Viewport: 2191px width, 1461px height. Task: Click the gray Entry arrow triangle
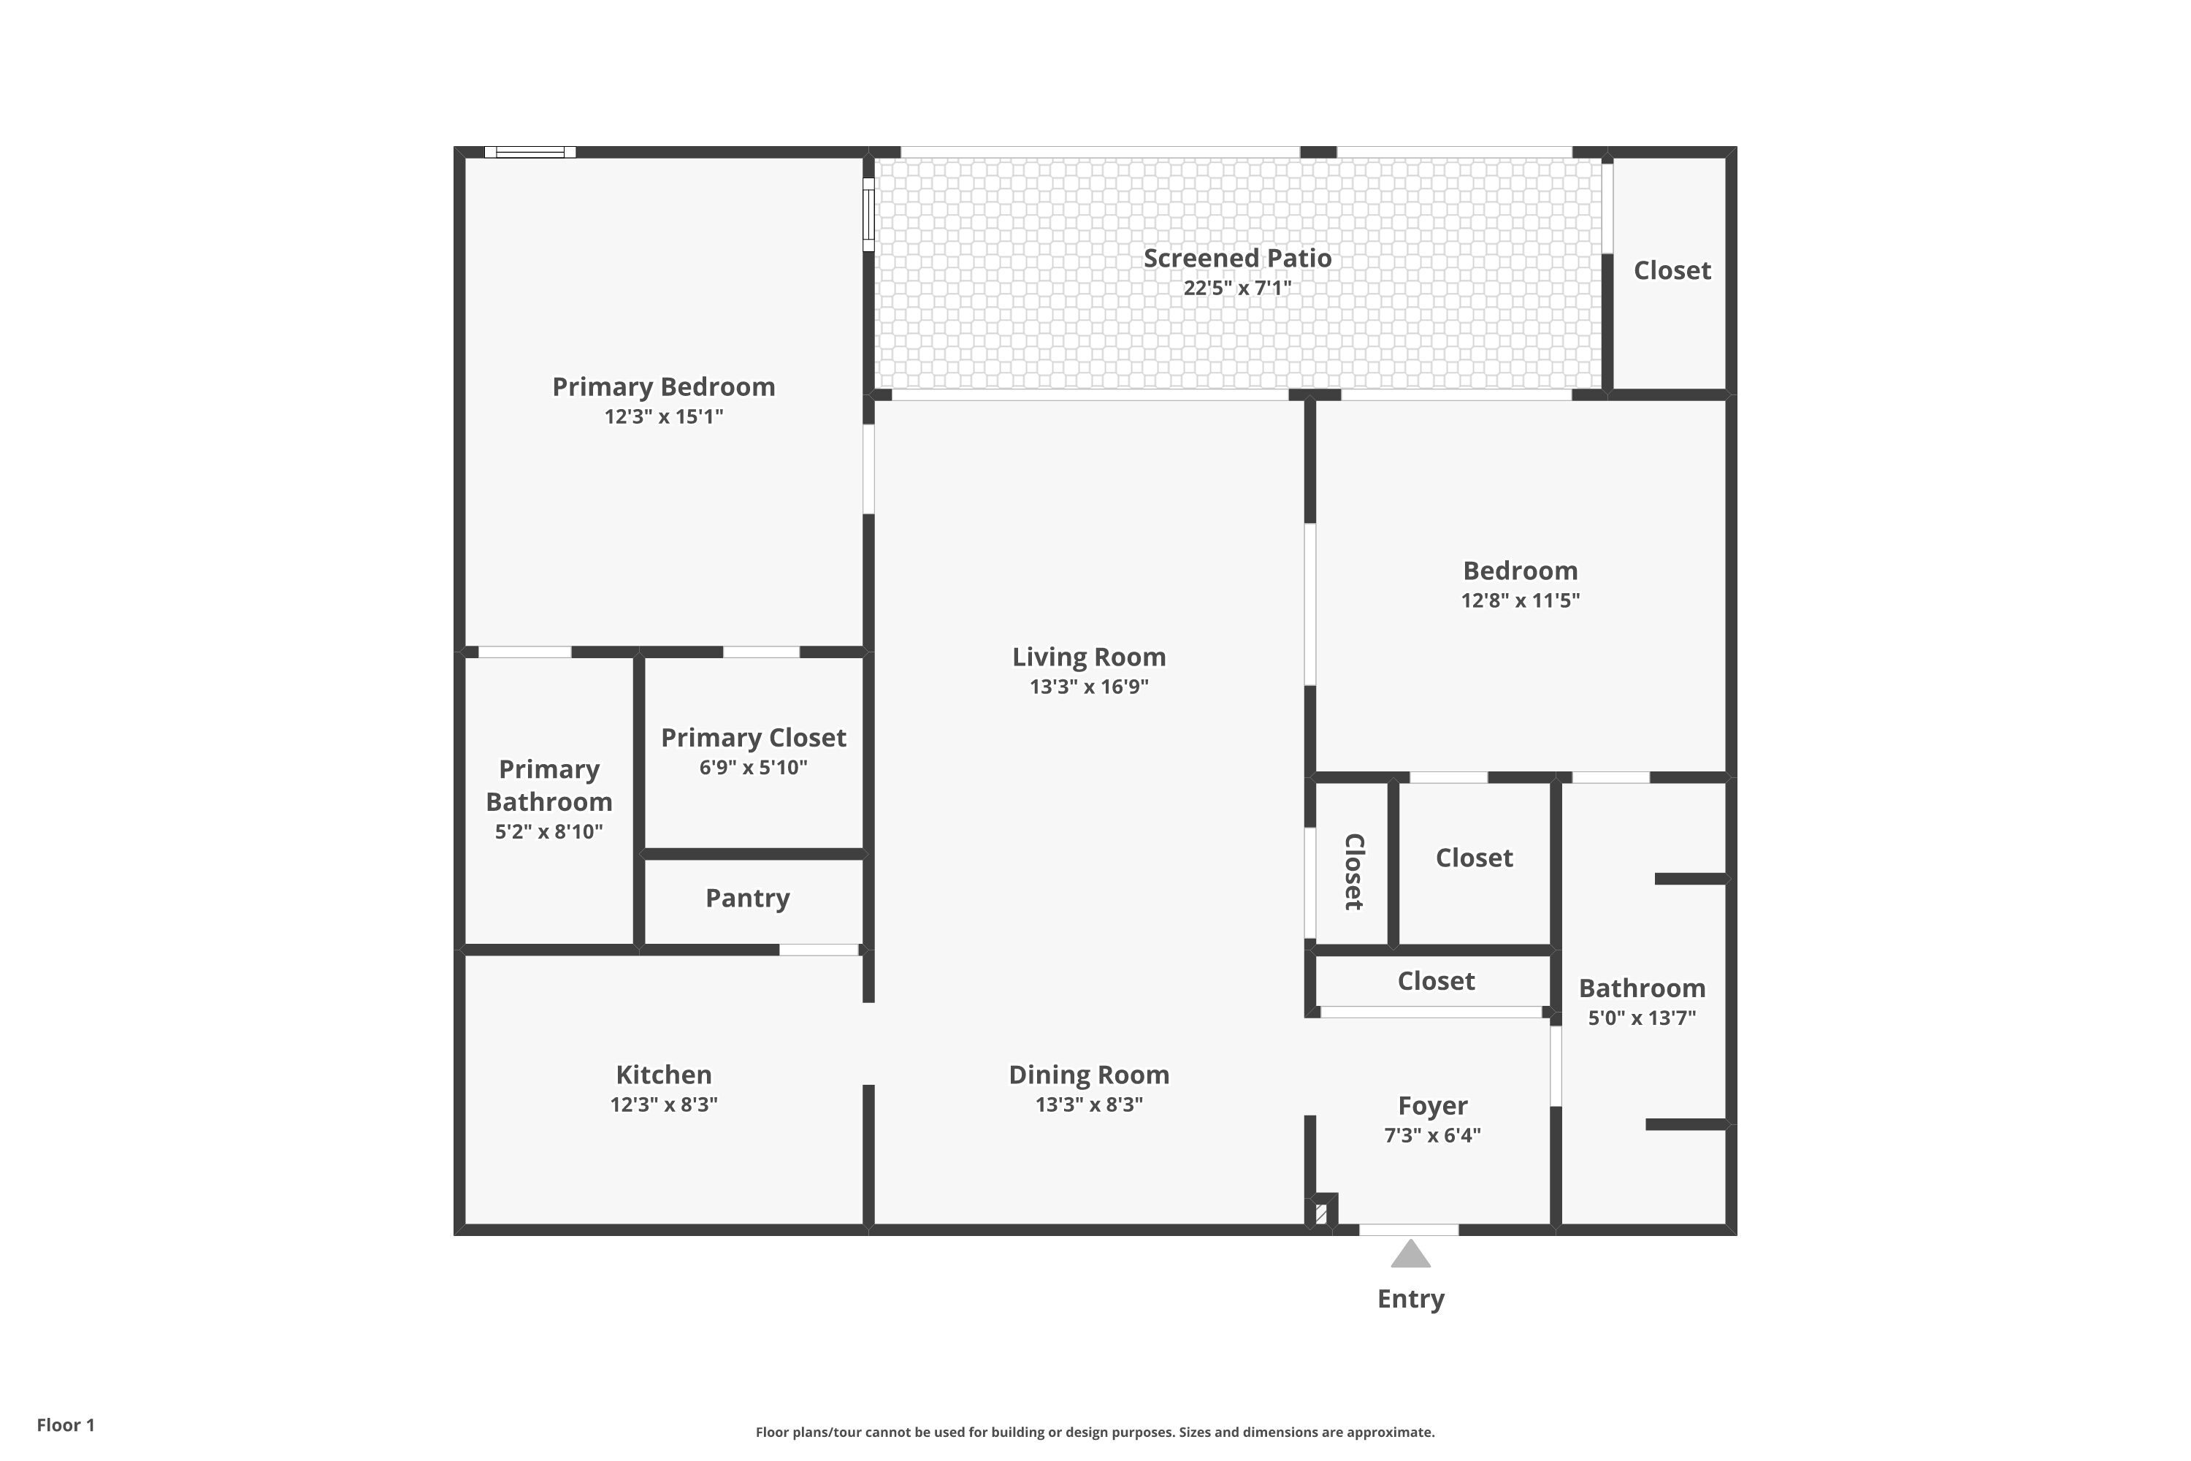1410,1255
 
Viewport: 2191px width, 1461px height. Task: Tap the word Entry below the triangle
1410,1299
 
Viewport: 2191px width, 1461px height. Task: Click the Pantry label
747,899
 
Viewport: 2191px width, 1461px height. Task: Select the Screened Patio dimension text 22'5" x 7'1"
1237,288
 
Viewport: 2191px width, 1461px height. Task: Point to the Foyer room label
1431,1106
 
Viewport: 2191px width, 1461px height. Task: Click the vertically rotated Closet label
1353,871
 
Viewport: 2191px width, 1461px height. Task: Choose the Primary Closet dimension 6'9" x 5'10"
753,768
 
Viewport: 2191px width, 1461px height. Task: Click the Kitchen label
663,1075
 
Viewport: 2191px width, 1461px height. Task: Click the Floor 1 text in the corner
65,1424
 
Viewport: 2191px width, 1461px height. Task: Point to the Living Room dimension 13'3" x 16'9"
1088,687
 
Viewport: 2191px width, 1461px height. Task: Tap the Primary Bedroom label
663,386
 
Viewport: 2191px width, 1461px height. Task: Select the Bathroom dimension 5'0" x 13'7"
1641,1018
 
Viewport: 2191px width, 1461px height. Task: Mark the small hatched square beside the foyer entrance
1321,1214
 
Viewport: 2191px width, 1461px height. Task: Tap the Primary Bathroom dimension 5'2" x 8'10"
548,832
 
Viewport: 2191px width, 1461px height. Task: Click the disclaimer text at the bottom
1095,1432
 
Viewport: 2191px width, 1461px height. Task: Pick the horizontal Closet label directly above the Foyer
1436,981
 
